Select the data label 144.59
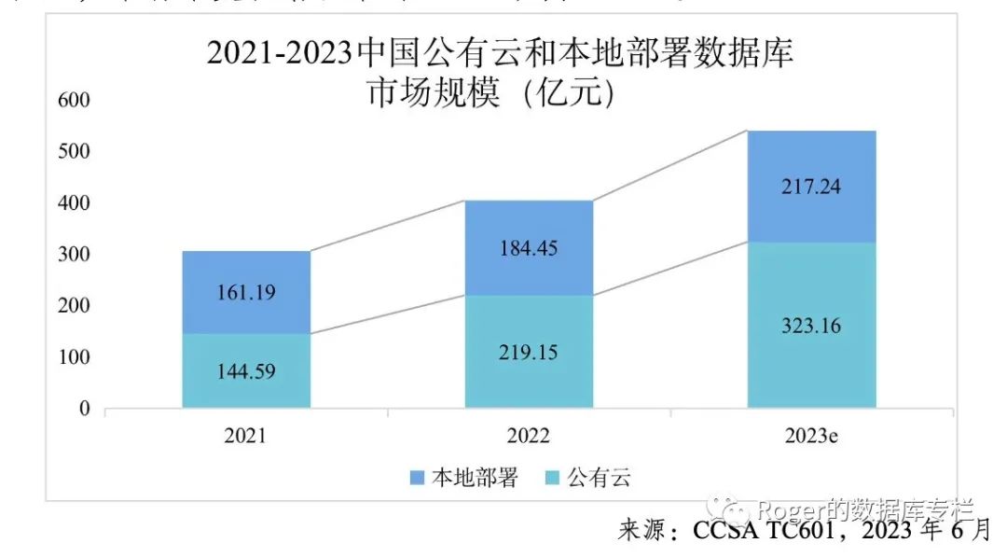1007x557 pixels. pyautogui.click(x=246, y=370)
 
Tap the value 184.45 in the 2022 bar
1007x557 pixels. pyautogui.click(x=530, y=249)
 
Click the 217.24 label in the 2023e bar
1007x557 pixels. pyautogui.click(x=811, y=187)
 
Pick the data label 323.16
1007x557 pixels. pyautogui.click(x=811, y=326)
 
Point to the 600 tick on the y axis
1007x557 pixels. pyautogui.click(x=74, y=100)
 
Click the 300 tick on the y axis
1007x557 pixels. pyautogui.click(x=74, y=255)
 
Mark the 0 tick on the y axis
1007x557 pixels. pyautogui.click(x=84, y=409)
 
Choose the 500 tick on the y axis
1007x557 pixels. pyautogui.click(x=74, y=151)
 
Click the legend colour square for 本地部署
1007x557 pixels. pyautogui.click(x=418, y=479)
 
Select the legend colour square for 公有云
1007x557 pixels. pyautogui.click(x=552, y=479)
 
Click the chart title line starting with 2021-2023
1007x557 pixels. pyautogui.click(x=500, y=53)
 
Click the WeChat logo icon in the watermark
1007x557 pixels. pyautogui.click(x=728, y=509)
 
